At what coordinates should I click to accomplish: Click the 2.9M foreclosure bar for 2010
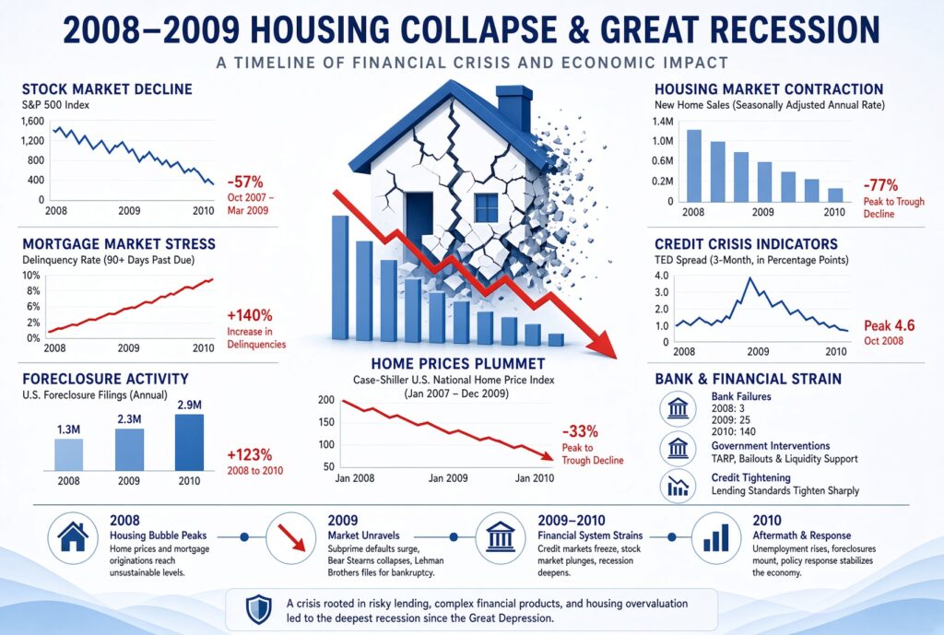click(x=189, y=442)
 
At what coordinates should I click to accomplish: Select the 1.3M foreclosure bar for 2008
click(x=68, y=454)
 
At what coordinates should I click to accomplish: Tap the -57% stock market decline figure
click(x=245, y=182)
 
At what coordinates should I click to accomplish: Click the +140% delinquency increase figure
click(x=249, y=315)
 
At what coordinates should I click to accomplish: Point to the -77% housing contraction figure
click(x=880, y=184)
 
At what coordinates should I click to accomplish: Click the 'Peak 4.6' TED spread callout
click(x=890, y=325)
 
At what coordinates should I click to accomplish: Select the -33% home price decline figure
click(x=580, y=431)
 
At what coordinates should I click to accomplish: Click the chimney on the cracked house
click(x=514, y=109)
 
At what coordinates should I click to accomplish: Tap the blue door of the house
click(x=419, y=219)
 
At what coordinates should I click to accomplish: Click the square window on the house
click(x=487, y=208)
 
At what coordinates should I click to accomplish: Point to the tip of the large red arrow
click(x=617, y=359)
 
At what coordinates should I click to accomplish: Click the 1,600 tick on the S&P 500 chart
click(x=32, y=121)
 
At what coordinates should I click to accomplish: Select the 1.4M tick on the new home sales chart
click(x=662, y=122)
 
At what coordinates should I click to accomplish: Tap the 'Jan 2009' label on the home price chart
click(x=448, y=478)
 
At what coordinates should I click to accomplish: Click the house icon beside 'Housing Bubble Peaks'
click(x=73, y=537)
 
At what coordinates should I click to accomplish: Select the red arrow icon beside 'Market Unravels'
click(x=290, y=537)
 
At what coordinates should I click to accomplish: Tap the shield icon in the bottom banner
click(x=259, y=610)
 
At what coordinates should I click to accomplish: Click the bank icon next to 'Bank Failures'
click(x=678, y=408)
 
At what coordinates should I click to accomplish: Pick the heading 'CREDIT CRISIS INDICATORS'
click(x=746, y=243)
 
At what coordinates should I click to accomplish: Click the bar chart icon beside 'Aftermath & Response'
click(x=715, y=537)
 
